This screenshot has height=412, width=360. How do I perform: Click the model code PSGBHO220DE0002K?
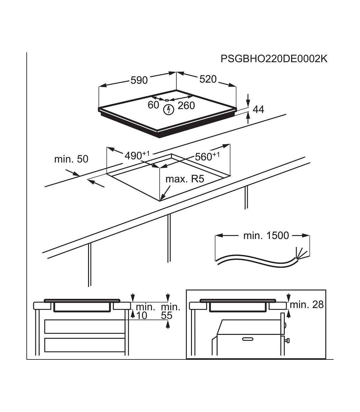(x=274, y=59)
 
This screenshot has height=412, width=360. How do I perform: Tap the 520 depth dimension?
(x=208, y=79)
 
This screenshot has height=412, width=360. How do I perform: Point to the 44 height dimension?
(x=258, y=110)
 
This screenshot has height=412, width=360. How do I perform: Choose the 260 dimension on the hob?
(x=186, y=105)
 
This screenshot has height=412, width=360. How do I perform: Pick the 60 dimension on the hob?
(x=153, y=105)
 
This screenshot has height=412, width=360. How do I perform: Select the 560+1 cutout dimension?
(x=207, y=156)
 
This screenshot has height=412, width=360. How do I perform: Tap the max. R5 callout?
(x=185, y=179)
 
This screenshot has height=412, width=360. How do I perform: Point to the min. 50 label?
(x=71, y=159)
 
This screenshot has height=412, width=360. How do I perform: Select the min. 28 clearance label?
(x=307, y=305)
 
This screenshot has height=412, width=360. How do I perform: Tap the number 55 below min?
(x=167, y=316)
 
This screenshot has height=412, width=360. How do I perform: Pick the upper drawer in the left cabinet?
(x=85, y=326)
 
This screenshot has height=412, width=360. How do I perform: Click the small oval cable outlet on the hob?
(x=167, y=100)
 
